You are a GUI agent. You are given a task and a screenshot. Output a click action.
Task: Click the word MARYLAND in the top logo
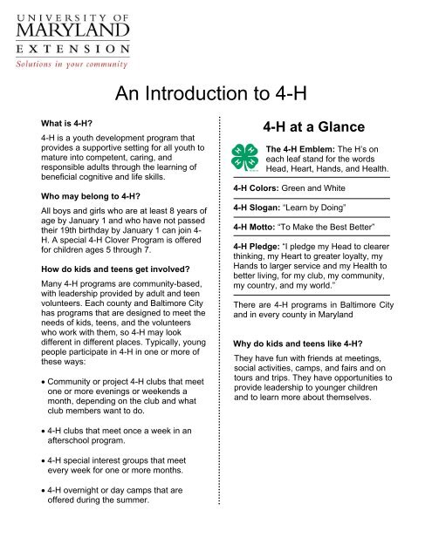click(x=58, y=33)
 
